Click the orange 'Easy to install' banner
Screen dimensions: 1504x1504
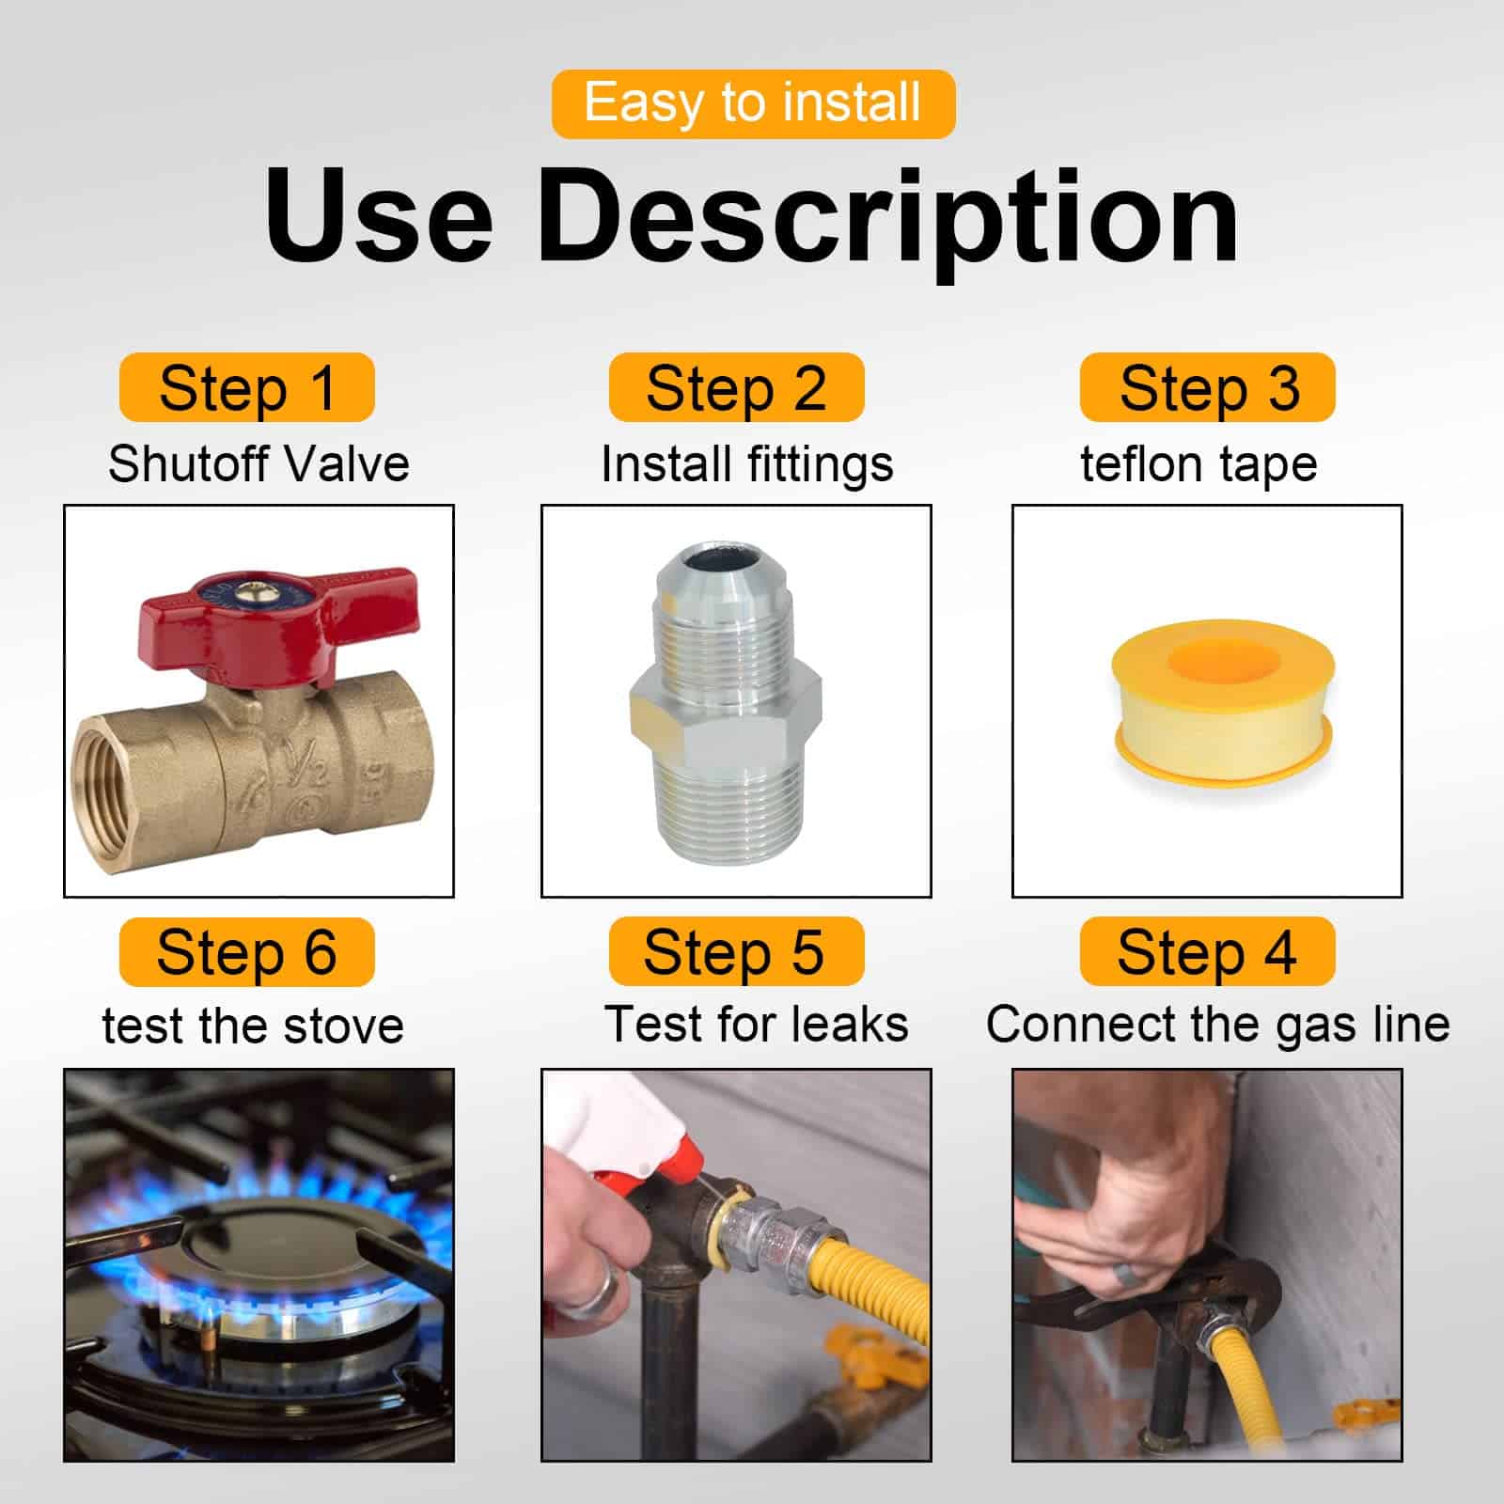[753, 103]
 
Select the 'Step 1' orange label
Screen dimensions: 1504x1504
[247, 387]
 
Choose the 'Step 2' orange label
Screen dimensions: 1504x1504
[736, 387]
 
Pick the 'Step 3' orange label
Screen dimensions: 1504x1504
[1208, 387]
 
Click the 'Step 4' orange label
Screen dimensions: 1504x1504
[1208, 951]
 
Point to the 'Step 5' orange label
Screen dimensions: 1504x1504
[736, 951]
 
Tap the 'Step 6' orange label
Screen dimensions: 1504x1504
[247, 952]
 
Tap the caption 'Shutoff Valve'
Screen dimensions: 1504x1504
[258, 463]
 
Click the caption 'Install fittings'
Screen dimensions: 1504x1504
[747, 465]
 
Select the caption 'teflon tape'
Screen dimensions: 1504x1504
[1198, 465]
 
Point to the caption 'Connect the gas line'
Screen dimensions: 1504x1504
[1217, 1025]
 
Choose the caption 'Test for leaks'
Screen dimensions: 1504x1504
[756, 1024]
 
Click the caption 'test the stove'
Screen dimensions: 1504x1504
[253, 1026]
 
